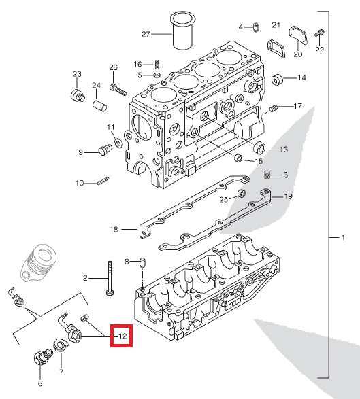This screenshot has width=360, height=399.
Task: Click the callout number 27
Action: point(145,33)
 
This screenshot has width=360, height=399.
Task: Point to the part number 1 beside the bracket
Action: point(343,238)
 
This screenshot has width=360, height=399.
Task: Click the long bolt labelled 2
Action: point(109,279)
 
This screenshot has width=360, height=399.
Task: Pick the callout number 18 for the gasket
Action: point(114,230)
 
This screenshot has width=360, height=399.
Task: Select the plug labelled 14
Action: point(278,80)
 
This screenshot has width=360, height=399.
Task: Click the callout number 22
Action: point(320,50)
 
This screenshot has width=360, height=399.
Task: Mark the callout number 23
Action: point(77,74)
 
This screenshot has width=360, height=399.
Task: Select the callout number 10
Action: point(80,183)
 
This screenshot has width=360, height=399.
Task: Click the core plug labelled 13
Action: point(259,148)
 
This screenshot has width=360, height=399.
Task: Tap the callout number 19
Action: point(288,196)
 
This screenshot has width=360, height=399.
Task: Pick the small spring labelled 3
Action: point(267,175)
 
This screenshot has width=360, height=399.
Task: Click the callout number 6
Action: point(39,384)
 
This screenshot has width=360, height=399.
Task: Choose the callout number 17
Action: point(297,106)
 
